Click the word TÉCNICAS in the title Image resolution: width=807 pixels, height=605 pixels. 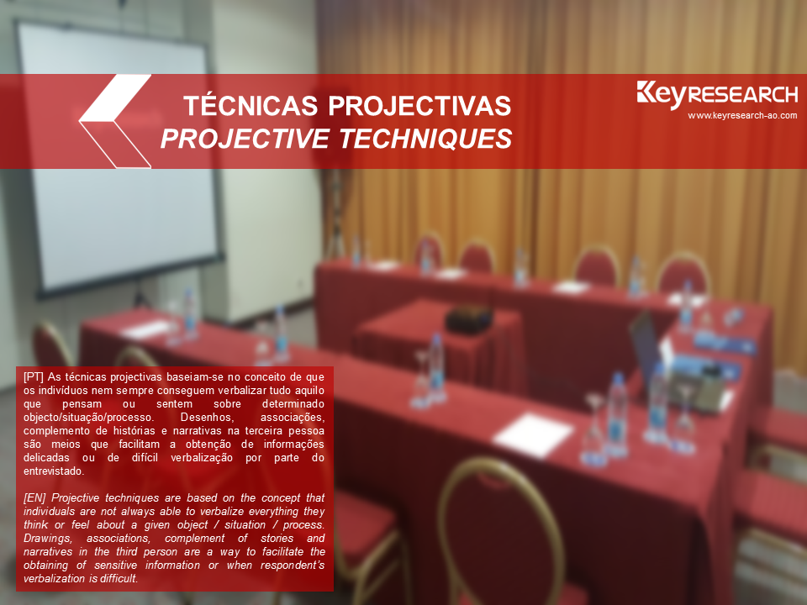251,105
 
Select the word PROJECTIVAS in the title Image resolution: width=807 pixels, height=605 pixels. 419,106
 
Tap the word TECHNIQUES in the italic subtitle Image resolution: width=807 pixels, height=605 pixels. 425,139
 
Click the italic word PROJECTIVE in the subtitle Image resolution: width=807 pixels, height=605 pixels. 245,139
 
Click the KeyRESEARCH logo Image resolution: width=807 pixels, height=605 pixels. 717,95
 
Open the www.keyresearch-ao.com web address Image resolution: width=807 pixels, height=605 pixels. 742,116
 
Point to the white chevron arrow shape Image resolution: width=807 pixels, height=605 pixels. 114,121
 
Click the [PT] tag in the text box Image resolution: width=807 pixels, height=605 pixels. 34,377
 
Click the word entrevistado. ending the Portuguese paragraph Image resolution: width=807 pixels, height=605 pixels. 54,471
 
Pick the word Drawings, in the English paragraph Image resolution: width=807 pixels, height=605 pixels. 47,539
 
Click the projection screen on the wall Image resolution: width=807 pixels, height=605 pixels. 119,159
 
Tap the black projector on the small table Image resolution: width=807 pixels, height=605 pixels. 469,319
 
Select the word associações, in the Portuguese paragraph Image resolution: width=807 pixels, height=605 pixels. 293,418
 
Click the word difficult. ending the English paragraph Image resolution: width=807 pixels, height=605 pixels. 119,579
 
